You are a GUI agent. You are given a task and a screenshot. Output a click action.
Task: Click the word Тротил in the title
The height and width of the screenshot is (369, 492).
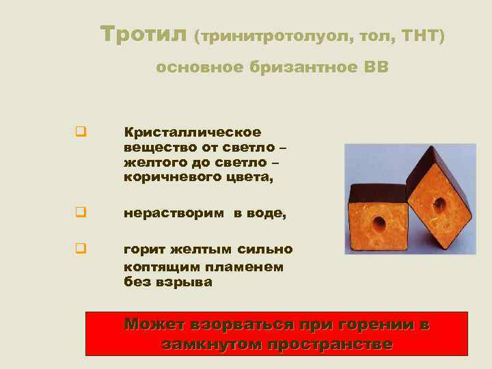coord(143,33)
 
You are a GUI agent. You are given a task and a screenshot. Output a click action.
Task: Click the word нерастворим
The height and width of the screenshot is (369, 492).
coord(174,213)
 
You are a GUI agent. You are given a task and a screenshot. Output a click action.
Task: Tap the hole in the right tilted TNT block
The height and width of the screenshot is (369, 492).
coord(437,203)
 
